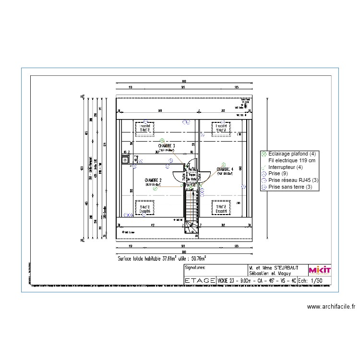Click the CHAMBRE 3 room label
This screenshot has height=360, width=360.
click(x=167, y=145)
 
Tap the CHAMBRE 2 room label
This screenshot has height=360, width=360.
click(x=154, y=180)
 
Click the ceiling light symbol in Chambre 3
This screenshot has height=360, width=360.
click(x=162, y=141)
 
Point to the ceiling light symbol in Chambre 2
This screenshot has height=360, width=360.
click(x=155, y=189)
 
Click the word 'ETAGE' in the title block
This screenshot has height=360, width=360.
click(x=200, y=281)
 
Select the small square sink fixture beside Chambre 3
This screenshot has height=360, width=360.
click(x=125, y=160)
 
